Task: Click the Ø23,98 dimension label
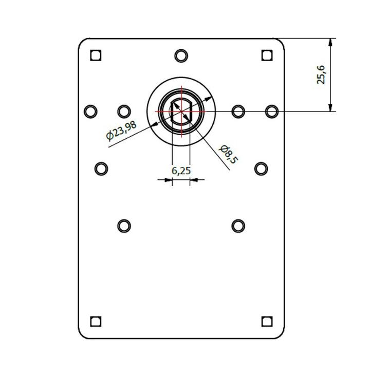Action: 121,131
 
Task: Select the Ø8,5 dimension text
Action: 228,154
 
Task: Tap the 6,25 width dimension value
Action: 181,171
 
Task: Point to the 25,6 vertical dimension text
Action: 321,75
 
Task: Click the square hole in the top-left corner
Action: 96,55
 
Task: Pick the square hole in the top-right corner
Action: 267,55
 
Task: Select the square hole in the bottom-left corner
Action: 96,321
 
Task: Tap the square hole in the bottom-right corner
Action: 267,321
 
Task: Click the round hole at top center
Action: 181,56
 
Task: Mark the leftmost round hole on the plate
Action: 90,112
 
